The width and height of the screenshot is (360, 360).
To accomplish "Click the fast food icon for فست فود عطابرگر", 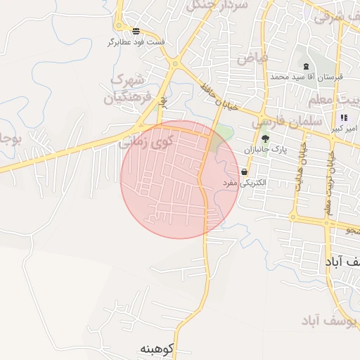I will (x=136, y=31).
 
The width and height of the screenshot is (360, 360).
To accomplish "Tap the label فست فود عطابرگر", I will (x=136, y=42).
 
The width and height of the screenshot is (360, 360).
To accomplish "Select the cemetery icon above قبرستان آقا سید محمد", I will (x=306, y=66).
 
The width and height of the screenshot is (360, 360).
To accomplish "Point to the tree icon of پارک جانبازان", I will (x=265, y=139).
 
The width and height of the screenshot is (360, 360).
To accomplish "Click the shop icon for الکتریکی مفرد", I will (x=244, y=172).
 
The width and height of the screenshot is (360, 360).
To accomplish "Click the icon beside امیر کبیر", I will (x=343, y=118).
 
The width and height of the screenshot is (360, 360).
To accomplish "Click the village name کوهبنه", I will (x=156, y=349).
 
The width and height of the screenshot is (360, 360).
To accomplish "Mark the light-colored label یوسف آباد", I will (x=320, y=321).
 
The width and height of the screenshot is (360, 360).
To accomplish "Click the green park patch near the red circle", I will (x=224, y=133).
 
